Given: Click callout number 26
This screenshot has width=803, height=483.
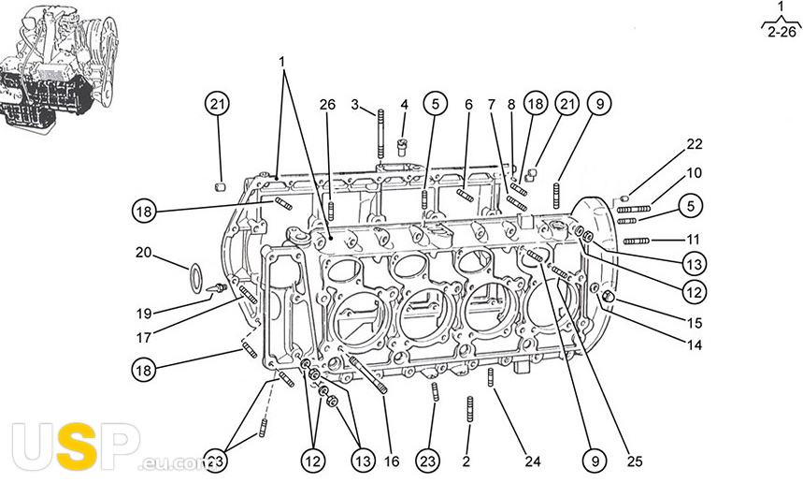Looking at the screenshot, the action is [327, 105].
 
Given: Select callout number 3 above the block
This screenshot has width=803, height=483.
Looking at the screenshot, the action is [355, 105].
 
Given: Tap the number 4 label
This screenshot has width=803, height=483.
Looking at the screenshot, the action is [405, 105].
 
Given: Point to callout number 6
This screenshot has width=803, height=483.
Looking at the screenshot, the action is [469, 105].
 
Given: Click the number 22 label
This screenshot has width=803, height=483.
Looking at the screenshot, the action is [695, 144].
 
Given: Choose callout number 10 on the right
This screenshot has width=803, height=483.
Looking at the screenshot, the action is [694, 173].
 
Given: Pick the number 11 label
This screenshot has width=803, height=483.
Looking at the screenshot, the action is [693, 239].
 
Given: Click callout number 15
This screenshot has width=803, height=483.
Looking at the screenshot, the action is [695, 323].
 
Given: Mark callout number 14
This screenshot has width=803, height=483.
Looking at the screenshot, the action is [695, 345].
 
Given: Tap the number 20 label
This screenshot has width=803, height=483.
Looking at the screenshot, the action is [144, 253].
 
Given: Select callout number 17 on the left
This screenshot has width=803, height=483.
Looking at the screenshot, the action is [144, 337].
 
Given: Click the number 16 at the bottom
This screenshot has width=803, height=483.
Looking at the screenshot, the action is [392, 461].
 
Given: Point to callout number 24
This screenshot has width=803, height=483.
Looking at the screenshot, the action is [533, 461].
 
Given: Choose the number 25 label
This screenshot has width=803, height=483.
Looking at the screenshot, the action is [635, 461].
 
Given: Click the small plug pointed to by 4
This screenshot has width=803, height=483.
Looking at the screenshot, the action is [402, 148].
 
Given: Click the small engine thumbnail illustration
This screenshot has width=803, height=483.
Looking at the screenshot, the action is [56, 66].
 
